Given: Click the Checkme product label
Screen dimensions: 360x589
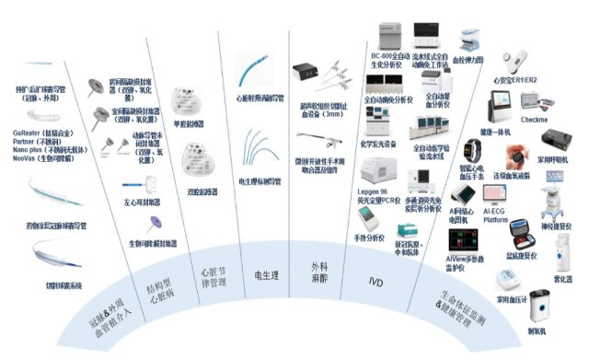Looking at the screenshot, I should pyautogui.click(x=535, y=121).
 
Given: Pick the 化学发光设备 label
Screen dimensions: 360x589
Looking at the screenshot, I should pyautogui.click(x=378, y=145).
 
